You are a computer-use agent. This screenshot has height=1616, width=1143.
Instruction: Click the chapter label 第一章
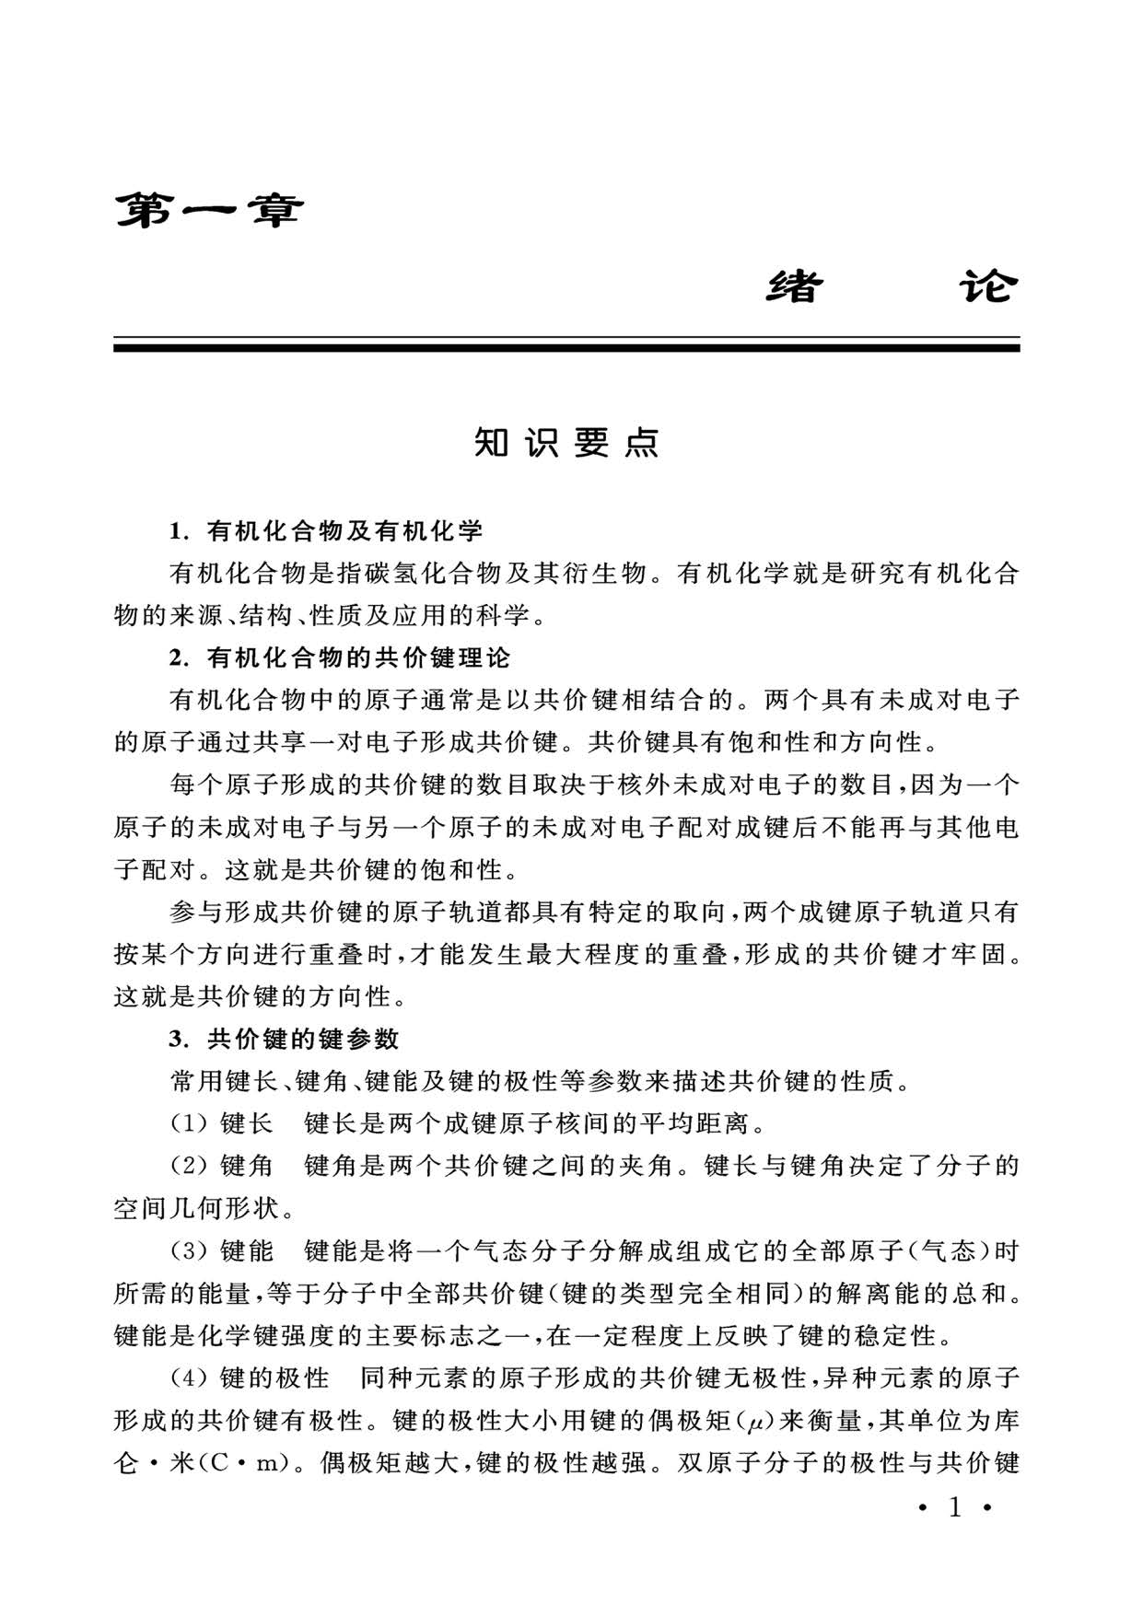(x=208, y=212)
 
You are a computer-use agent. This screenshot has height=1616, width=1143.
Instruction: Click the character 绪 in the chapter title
(x=794, y=287)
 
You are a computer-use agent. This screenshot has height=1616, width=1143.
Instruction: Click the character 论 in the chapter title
(x=987, y=287)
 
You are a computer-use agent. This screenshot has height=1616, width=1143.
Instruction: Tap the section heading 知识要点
(x=566, y=443)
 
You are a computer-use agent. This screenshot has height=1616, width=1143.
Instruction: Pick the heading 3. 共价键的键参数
(x=285, y=1039)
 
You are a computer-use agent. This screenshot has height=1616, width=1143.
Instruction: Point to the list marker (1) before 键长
(x=190, y=1123)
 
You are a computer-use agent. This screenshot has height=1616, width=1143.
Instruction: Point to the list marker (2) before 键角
(x=190, y=1166)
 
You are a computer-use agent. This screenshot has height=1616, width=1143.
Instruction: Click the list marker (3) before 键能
(x=190, y=1251)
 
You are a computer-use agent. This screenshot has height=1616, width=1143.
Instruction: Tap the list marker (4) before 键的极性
(x=190, y=1378)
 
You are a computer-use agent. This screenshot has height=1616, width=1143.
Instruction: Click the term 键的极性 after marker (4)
(x=274, y=1378)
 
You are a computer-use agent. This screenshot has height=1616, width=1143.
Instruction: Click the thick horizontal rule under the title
(x=566, y=348)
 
